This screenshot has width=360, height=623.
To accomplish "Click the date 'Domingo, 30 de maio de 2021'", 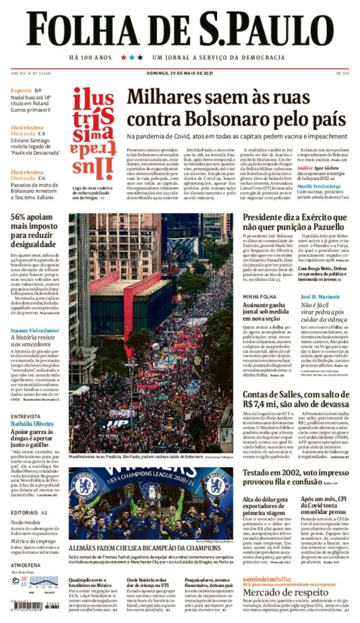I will tap(179, 73).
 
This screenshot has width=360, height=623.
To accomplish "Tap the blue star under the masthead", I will tap(132, 57).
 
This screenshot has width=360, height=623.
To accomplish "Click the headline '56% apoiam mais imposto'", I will tap(33, 221).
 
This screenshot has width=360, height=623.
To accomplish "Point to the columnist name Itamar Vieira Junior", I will tap(35, 330).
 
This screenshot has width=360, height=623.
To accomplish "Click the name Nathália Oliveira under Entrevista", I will tap(32, 424).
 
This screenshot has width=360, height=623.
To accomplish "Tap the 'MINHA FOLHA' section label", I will tap(259, 297).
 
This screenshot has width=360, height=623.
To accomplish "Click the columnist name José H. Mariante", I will tap(320, 297).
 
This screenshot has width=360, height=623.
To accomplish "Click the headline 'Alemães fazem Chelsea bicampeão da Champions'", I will tap(144, 548).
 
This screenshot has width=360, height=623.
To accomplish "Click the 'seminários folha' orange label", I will tap(266, 579).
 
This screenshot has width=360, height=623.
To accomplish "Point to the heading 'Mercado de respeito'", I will tap(285, 592).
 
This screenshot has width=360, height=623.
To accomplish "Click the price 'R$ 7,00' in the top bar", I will tap(343, 73).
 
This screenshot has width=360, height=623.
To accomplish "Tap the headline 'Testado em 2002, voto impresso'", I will tap(296, 473).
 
